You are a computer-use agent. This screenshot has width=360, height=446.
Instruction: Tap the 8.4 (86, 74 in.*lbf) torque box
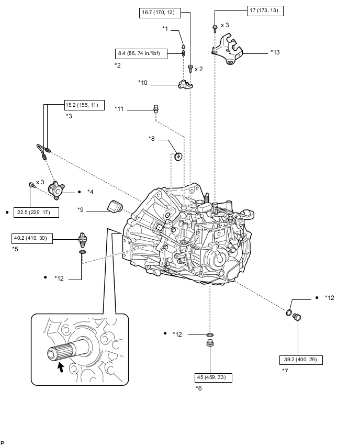[140, 53]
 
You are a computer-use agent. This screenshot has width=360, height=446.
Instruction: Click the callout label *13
[275, 52]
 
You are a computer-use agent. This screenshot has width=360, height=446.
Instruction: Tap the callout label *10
[143, 83]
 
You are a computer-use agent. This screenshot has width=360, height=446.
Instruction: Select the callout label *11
[120, 108]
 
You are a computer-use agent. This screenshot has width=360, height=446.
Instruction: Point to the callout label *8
[152, 139]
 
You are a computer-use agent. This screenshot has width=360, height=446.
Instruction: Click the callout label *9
[81, 210]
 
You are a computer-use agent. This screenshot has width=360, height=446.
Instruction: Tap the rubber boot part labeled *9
[114, 206]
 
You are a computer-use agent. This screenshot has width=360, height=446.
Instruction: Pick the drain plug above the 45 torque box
[210, 344]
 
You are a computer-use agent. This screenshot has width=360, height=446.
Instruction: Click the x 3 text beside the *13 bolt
[225, 25]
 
